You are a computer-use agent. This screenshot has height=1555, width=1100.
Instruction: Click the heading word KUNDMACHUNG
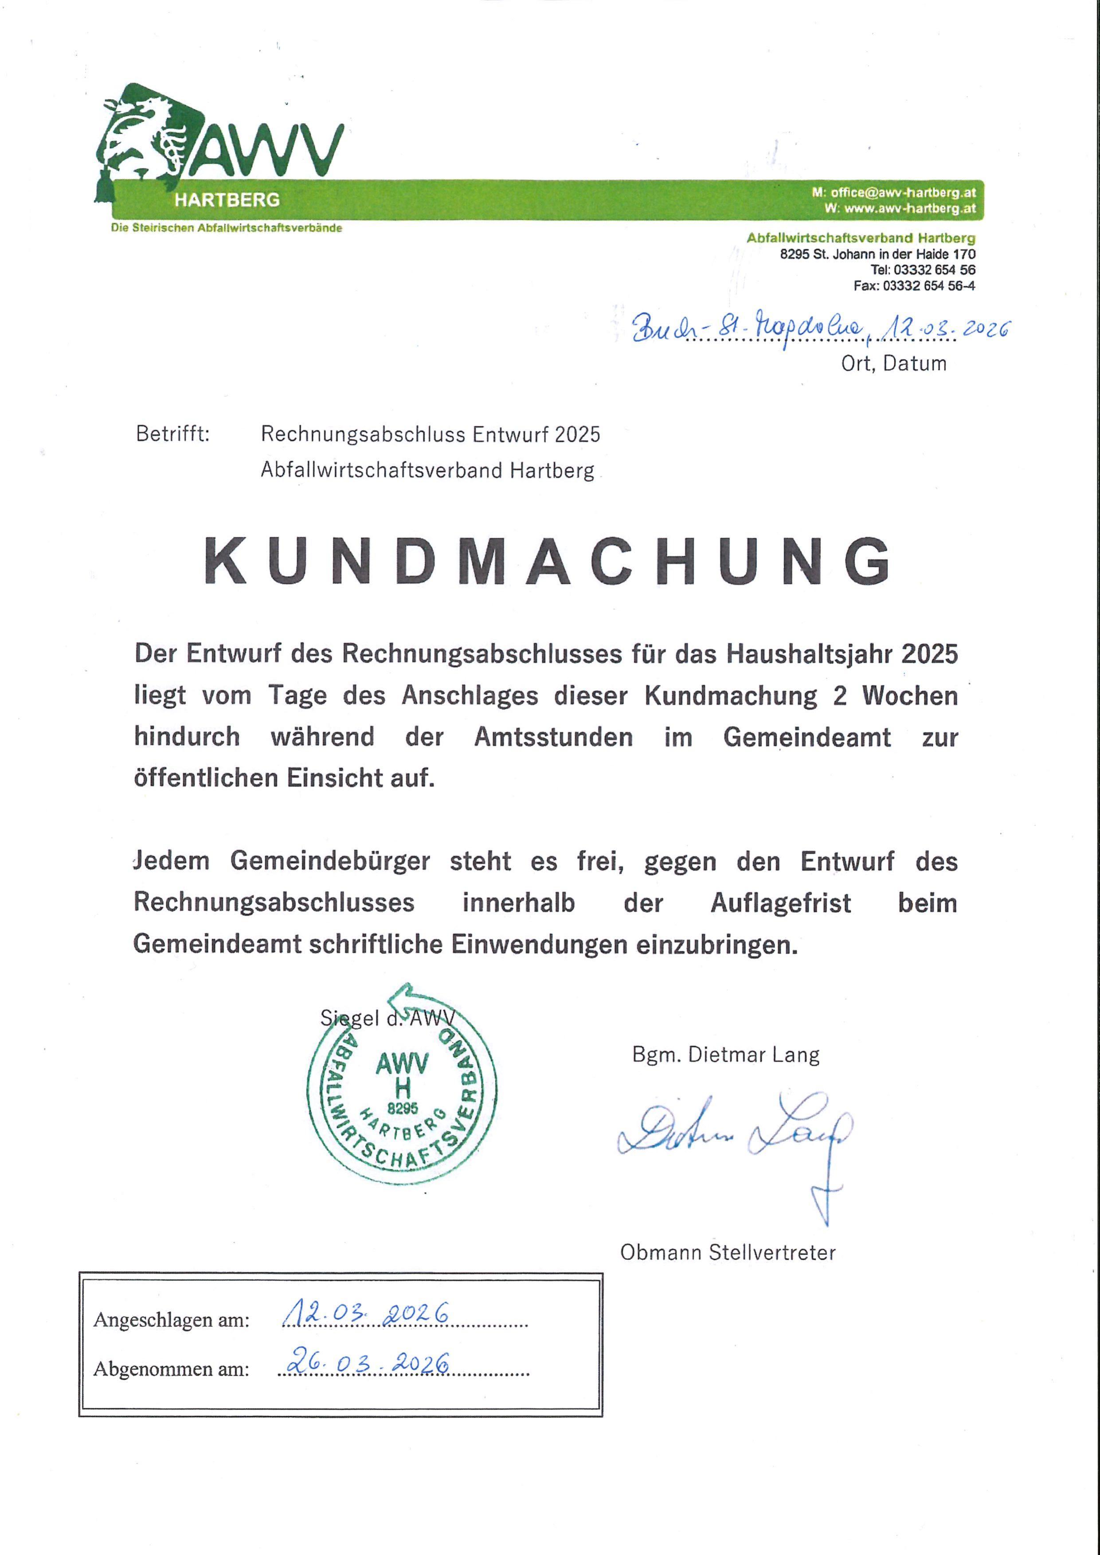547,562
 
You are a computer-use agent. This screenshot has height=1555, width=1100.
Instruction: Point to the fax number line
914,286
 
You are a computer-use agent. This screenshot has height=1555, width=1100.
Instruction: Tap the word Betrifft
173,434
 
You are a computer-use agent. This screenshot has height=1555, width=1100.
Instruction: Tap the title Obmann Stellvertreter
728,1252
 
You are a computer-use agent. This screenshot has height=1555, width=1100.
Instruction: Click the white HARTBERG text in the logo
227,200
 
